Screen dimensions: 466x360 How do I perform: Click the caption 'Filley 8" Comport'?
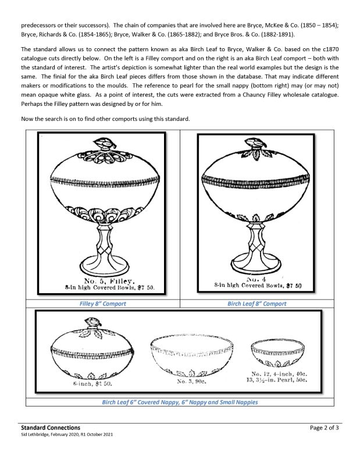pyautogui.click(x=102, y=304)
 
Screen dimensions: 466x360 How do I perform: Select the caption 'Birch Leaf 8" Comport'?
pyautogui.click(x=256, y=304)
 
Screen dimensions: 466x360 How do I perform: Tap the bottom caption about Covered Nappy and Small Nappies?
pyautogui.click(x=180, y=402)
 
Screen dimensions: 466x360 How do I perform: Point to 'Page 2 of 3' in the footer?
pyautogui.click(x=328, y=428)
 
